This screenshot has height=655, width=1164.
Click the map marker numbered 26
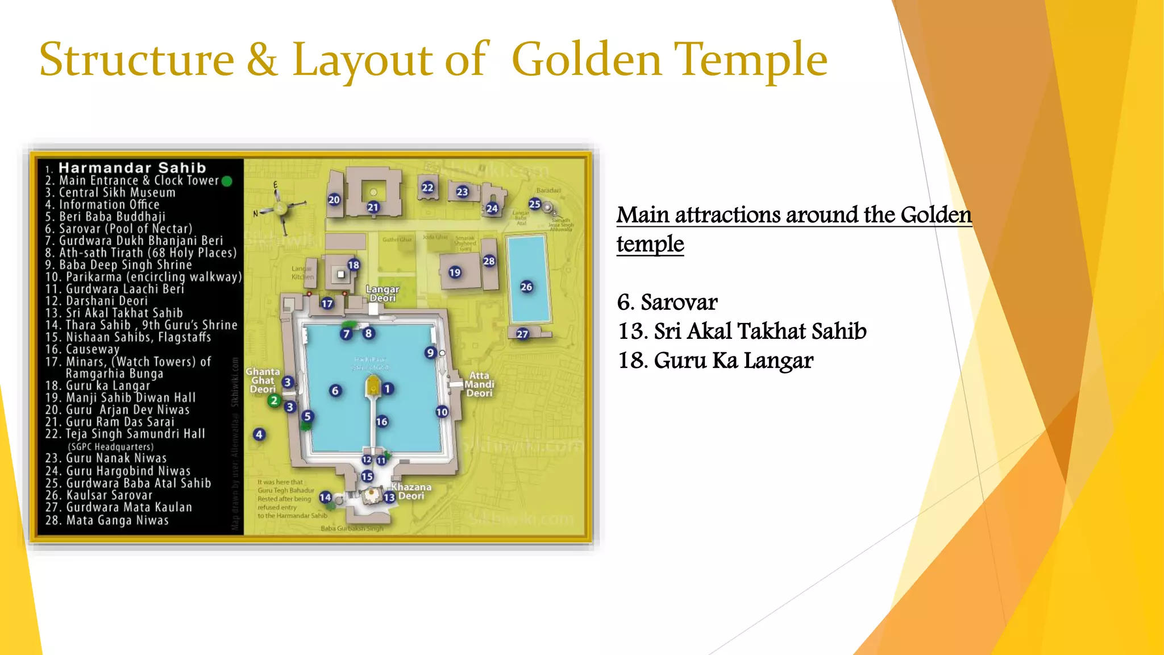click(x=526, y=287)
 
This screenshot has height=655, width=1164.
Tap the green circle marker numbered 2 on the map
click(x=274, y=400)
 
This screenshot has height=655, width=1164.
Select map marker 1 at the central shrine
click(x=388, y=389)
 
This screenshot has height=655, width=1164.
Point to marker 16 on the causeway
click(x=382, y=421)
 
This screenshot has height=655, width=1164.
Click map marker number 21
click(x=373, y=208)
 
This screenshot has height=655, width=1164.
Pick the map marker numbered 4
click(x=259, y=434)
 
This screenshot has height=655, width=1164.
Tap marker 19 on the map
click(x=455, y=272)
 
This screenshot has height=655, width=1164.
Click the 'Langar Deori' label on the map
click(x=383, y=293)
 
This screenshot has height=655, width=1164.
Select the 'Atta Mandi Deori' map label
click(x=480, y=384)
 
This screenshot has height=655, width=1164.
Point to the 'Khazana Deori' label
click(x=411, y=491)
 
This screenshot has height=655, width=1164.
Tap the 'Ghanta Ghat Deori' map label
click(x=263, y=380)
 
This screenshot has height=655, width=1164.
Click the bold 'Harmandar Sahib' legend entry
click(x=132, y=168)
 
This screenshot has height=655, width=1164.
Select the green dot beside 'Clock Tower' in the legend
click(x=227, y=181)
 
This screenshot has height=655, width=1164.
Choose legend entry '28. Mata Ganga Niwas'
click(x=107, y=520)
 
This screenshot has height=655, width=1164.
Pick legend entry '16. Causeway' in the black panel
click(x=82, y=349)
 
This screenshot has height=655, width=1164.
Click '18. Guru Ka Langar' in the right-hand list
click(x=715, y=360)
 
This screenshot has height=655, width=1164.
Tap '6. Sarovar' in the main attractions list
click(x=667, y=302)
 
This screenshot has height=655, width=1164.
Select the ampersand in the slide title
click(x=262, y=60)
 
